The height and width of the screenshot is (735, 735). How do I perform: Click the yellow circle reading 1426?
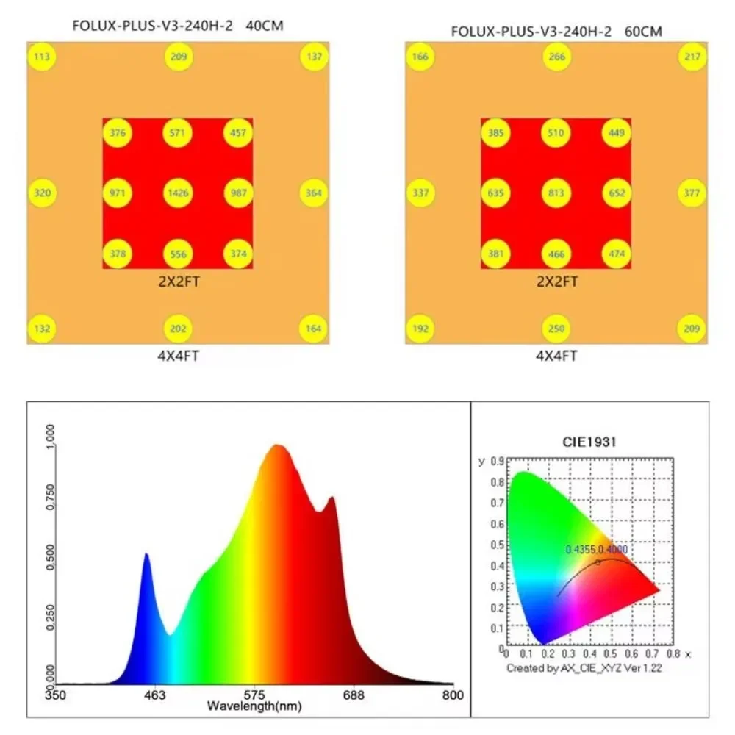pos(178,193)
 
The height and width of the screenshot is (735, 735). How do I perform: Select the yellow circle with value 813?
pos(556,193)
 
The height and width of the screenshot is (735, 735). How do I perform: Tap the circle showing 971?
pos(118,193)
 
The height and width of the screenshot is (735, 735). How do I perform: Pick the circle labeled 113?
pos(43,57)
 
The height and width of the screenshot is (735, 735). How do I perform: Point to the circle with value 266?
pos(556,57)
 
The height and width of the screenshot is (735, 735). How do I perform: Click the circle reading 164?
pos(314,329)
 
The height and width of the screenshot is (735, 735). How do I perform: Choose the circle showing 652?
pos(617,193)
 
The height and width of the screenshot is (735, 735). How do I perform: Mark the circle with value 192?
pos(420,329)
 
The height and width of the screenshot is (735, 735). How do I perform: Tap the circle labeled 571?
pos(178,133)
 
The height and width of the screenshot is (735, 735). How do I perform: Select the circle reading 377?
pos(692,193)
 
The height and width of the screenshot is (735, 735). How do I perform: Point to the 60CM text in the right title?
pos(642,32)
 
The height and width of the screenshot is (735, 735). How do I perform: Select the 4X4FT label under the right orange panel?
pos(556,356)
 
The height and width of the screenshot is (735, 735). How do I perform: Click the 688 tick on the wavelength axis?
pos(354,695)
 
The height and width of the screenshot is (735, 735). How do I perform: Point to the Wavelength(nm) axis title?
pos(254,706)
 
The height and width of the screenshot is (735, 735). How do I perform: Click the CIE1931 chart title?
pos(590,442)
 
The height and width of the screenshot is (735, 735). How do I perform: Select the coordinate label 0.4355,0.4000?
pos(597,549)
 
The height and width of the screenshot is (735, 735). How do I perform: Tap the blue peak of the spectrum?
pos(146,556)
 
